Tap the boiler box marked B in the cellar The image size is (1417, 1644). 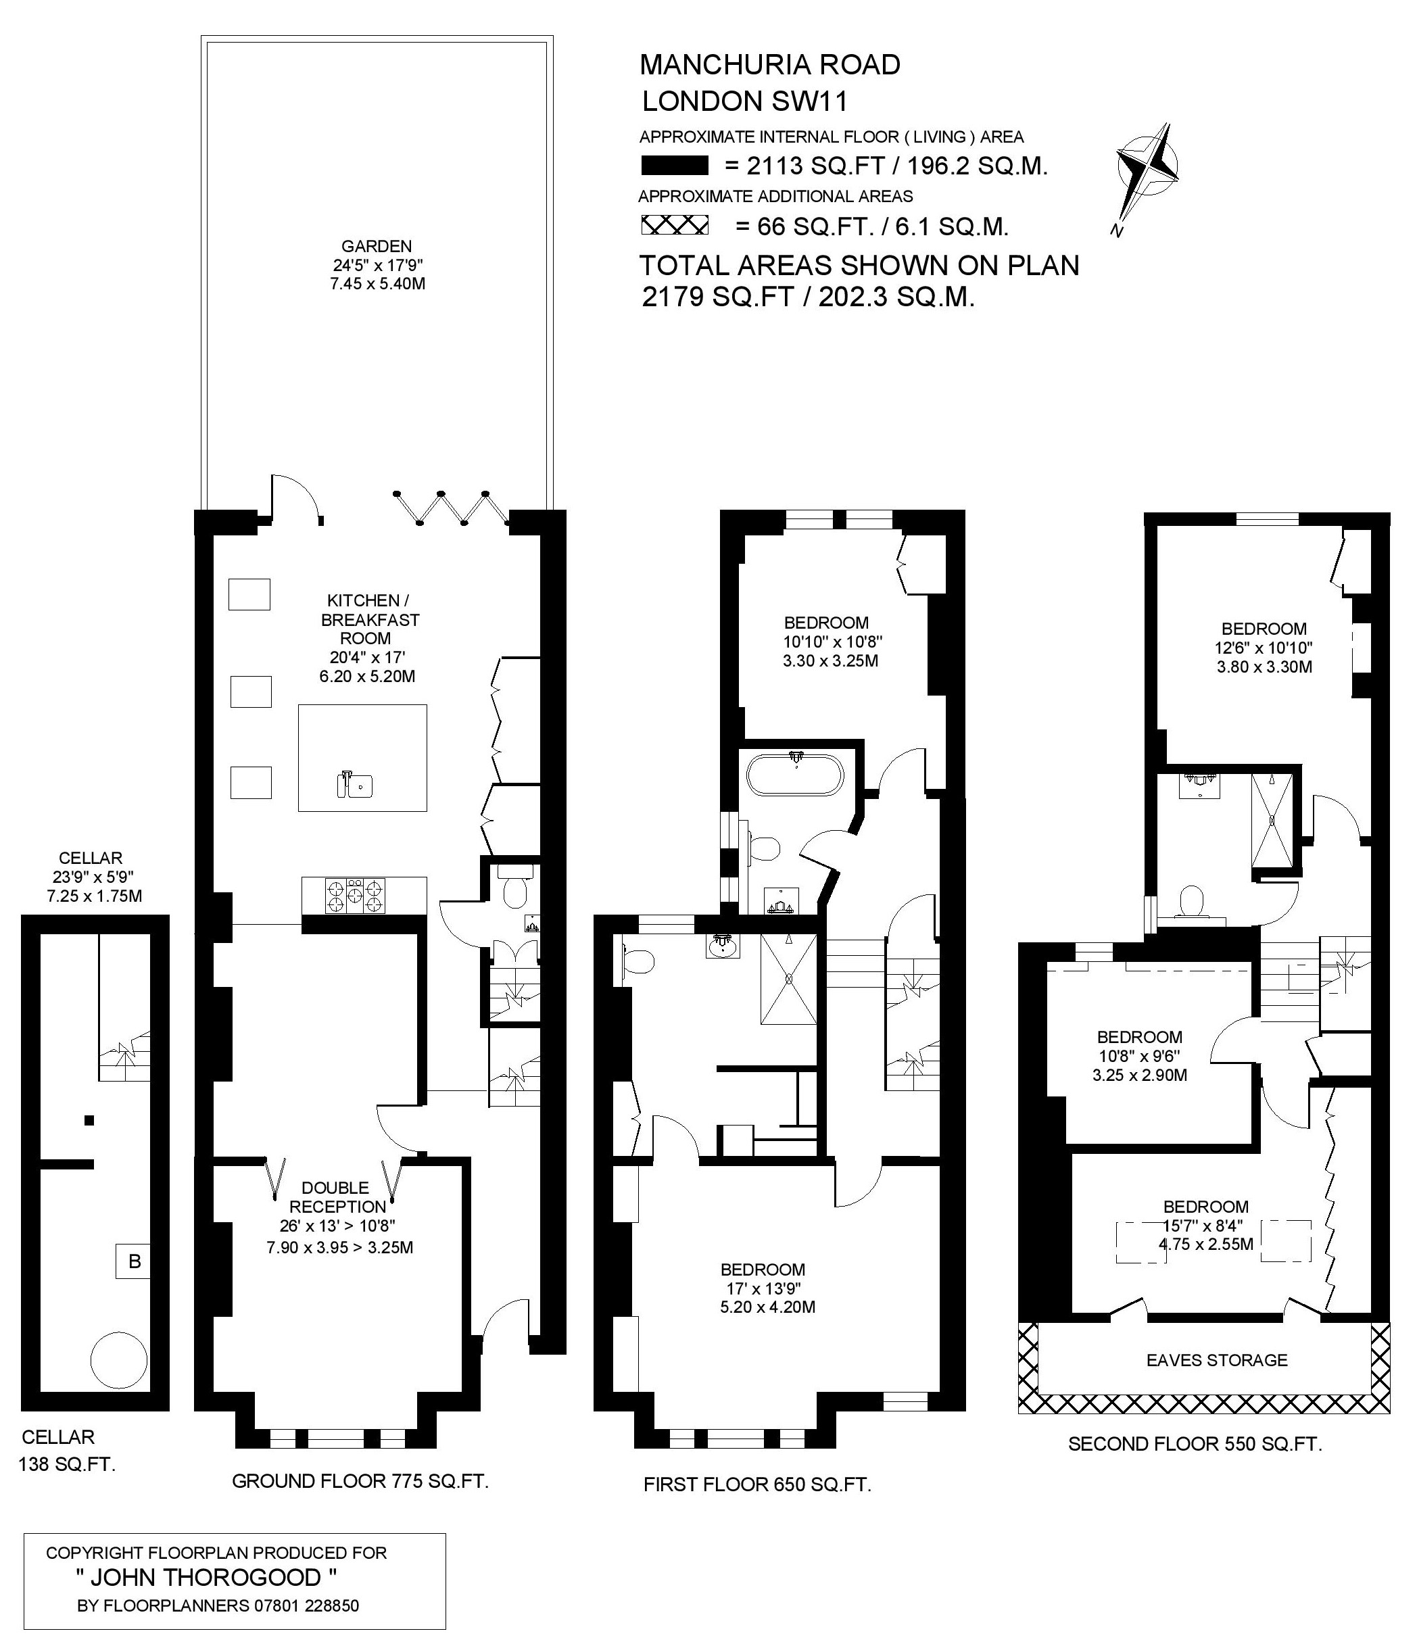click(134, 1261)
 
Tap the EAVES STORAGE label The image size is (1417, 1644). click(1217, 1360)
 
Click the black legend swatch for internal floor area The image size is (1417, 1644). click(675, 166)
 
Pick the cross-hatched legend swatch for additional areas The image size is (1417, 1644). click(675, 226)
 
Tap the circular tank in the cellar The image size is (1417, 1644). click(119, 1361)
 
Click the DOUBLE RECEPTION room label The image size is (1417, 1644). click(335, 1197)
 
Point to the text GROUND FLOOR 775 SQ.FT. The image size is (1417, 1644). click(360, 1480)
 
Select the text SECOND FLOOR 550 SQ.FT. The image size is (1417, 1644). click(1195, 1443)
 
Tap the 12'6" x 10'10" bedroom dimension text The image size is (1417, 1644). click(1264, 648)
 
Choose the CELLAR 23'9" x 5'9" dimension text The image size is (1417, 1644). click(91, 877)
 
